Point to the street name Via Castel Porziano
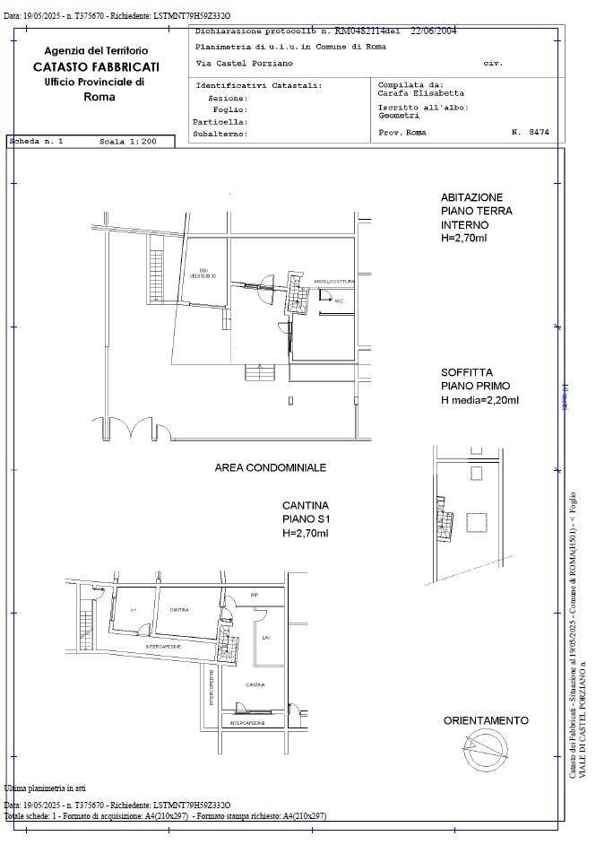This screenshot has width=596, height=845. tap(244, 64)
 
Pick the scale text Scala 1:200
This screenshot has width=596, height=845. tap(128, 142)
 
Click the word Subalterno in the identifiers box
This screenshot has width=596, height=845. tap(220, 134)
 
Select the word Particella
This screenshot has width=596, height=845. tap(220, 121)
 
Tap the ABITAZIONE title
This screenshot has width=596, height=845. tap(471, 197)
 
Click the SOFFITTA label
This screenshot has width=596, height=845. tap(466, 372)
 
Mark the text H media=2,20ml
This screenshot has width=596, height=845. tap(479, 400)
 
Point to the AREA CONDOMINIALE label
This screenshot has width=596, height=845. tap(270, 467)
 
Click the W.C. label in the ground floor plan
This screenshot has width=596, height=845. tap(340, 301)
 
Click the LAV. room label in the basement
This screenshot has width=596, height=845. tap(265, 638)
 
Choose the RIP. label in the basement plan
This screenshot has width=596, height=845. tap(255, 595)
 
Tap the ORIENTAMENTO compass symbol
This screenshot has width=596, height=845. tap(479, 744)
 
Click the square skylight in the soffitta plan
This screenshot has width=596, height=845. tap(476, 522)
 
